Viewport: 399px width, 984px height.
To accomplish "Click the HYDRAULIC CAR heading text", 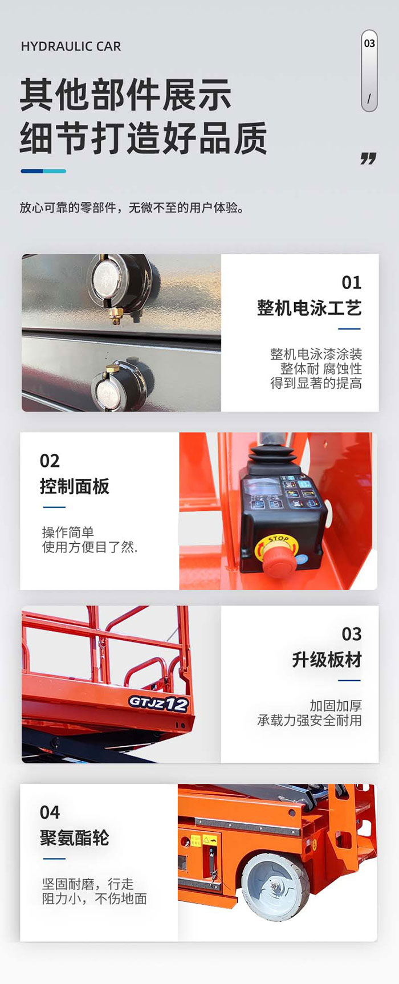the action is (x=71, y=46).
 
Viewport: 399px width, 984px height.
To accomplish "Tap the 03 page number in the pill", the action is (x=369, y=43).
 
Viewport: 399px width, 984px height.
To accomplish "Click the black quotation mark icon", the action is (x=368, y=158).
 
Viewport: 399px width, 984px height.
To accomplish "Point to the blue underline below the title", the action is (x=43, y=171).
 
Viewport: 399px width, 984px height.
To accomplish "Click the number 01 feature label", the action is (x=351, y=282).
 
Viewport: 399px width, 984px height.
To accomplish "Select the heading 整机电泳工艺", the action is (x=309, y=308).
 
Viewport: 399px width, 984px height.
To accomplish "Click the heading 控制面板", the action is (x=75, y=486).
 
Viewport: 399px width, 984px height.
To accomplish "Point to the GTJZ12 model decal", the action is (x=158, y=703).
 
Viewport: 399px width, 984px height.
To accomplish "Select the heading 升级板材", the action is (x=327, y=660).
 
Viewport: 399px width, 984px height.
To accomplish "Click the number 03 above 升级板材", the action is (x=351, y=634).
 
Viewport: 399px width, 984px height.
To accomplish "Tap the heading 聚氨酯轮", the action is (x=75, y=838).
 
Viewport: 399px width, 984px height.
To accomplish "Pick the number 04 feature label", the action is (x=50, y=812).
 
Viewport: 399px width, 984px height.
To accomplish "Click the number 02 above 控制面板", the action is (x=50, y=461).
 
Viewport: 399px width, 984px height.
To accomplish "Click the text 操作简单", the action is (x=68, y=532).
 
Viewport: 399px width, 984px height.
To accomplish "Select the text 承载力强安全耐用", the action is (x=309, y=721).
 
